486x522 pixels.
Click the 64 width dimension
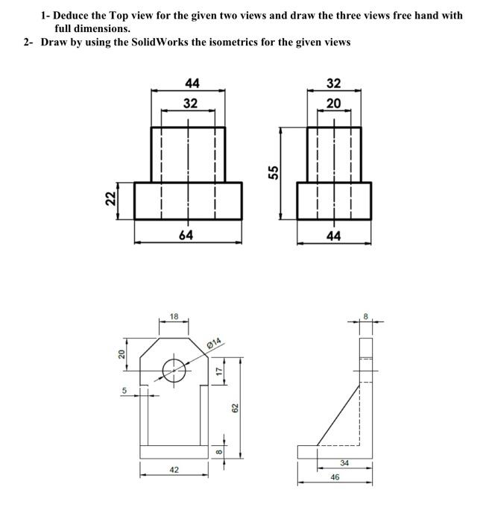pyautogui.click(x=186, y=235)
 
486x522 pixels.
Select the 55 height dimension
pyautogui.click(x=274, y=172)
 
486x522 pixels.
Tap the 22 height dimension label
pyautogui.click(x=110, y=199)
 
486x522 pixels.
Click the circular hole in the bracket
pyautogui.click(x=174, y=368)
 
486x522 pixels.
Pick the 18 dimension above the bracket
pyautogui.click(x=173, y=317)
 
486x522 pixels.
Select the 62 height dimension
pyautogui.click(x=235, y=408)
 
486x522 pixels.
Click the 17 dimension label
pyautogui.click(x=218, y=370)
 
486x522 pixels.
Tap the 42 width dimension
pyautogui.click(x=174, y=470)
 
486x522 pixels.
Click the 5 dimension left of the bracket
pyautogui.click(x=125, y=389)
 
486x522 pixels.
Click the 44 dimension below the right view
pyautogui.click(x=333, y=235)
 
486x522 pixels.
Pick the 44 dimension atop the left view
pyautogui.click(x=189, y=84)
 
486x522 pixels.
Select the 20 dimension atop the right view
pyautogui.click(x=333, y=104)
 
